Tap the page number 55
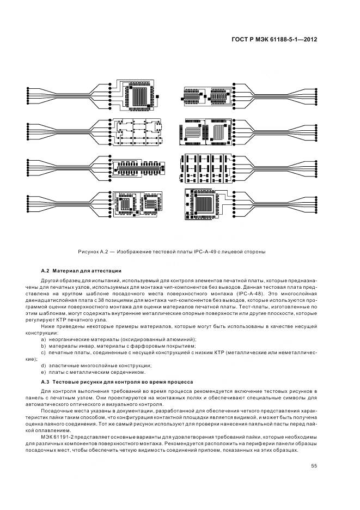coord(314,465)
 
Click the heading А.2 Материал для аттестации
coord(81,271)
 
